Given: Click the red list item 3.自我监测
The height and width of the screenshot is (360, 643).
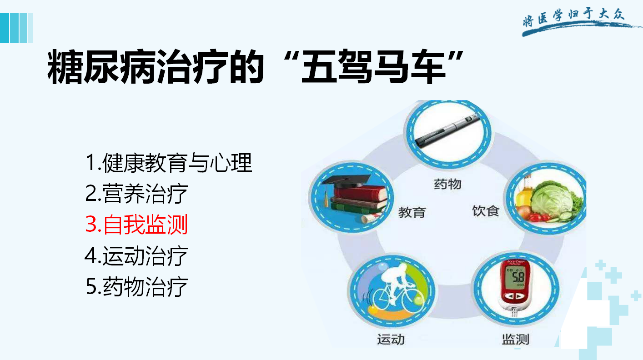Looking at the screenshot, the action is [136, 224].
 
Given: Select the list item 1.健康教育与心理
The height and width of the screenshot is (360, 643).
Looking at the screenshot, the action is [169, 163].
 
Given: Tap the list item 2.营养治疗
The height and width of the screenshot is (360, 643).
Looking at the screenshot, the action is [136, 193].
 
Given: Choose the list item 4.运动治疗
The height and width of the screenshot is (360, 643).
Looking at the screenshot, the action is [136, 255].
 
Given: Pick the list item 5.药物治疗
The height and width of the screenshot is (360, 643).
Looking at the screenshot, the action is [136, 286].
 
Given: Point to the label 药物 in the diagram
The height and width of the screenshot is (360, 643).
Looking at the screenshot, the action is [447, 184].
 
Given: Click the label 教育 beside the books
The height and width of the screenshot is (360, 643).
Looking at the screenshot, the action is [412, 213].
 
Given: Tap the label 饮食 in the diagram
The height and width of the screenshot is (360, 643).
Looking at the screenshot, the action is [486, 211].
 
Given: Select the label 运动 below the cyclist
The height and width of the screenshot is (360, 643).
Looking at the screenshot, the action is [391, 340].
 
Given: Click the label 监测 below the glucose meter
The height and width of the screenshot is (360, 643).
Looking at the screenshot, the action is [516, 340].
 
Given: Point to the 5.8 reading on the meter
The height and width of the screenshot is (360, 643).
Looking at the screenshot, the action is [518, 277].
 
